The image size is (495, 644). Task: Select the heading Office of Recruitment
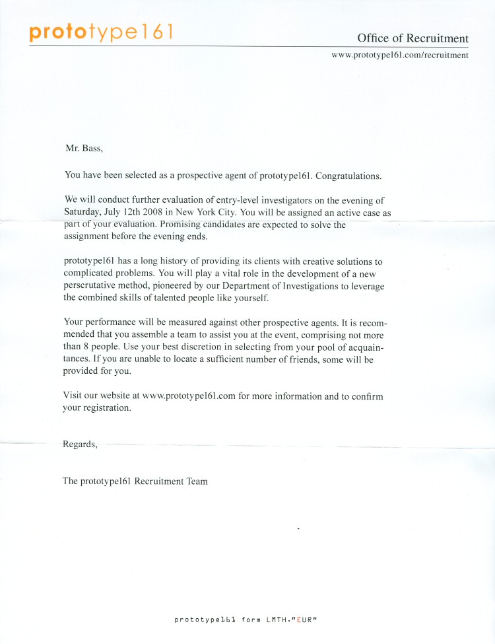412,38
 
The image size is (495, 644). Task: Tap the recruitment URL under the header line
399,55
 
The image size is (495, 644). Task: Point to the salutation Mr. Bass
84,149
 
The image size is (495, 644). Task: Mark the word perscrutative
92,286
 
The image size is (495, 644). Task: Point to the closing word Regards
80,445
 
